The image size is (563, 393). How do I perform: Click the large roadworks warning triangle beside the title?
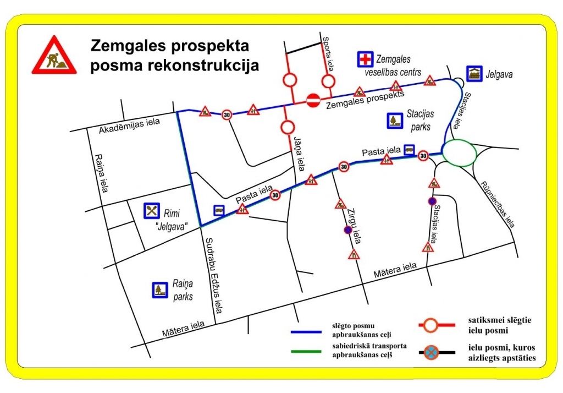tap(54, 56)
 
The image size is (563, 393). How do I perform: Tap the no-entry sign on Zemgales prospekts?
tap(313, 100)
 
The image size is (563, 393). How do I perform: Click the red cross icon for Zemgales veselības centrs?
tap(364, 59)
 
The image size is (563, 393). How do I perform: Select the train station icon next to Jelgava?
tap(474, 73)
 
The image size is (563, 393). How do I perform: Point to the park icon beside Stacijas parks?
tap(394, 121)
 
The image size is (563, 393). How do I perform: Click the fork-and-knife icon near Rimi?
tap(151, 210)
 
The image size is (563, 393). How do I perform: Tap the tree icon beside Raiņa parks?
tap(159, 290)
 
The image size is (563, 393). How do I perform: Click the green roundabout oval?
tap(460, 152)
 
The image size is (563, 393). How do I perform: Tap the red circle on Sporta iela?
tap(328, 81)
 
